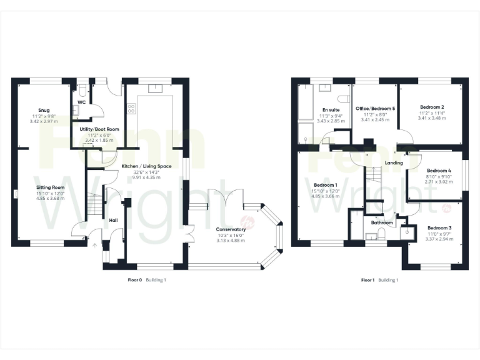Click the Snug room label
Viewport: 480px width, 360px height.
click(x=43, y=110)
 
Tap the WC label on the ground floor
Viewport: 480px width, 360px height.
click(x=81, y=102)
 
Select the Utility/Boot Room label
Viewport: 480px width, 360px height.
click(x=99, y=129)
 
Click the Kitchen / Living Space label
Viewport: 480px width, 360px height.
click(x=146, y=166)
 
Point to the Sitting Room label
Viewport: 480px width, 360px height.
click(x=49, y=187)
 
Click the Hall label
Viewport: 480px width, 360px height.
click(x=113, y=220)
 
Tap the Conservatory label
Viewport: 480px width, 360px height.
click(x=231, y=229)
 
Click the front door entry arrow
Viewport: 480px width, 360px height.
click(x=95, y=246)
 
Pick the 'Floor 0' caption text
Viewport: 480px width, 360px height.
click(x=135, y=280)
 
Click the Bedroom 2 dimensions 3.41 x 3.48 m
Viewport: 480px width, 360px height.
click(x=431, y=117)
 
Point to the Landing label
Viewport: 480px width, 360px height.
click(x=394, y=163)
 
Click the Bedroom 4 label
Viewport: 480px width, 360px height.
click(x=439, y=171)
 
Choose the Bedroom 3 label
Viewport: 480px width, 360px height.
click(x=440, y=228)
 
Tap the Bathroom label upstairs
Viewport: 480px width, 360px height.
click(x=382, y=222)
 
